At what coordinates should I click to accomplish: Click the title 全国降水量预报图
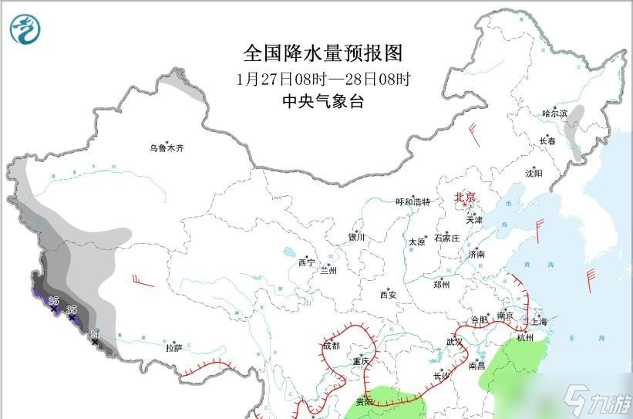(323, 53)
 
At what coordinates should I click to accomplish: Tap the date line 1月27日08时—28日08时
(323, 79)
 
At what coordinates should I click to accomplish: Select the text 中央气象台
(323, 101)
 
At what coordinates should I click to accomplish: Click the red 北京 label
(466, 198)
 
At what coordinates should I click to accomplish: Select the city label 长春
(547, 141)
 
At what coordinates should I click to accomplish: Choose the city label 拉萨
(173, 348)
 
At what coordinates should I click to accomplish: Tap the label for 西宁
(306, 263)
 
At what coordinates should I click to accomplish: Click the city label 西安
(388, 295)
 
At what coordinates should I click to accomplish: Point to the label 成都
(331, 346)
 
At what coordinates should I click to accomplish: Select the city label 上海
(538, 322)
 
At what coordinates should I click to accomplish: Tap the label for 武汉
(455, 342)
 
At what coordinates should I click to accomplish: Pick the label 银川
(355, 238)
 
